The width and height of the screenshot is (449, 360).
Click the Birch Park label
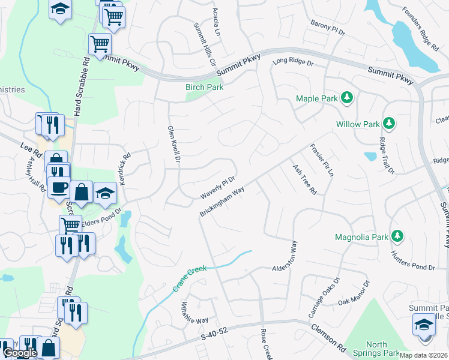[204, 87]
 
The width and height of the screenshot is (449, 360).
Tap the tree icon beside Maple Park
[346, 97]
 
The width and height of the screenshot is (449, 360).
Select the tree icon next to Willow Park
[389, 124]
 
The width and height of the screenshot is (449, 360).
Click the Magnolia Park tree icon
[396, 236]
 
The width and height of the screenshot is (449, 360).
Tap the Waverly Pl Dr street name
[217, 188]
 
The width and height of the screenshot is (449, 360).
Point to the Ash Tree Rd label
[304, 180]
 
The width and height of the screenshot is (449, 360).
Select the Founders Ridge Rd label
[421, 26]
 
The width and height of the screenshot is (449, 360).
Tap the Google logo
[20, 353]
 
